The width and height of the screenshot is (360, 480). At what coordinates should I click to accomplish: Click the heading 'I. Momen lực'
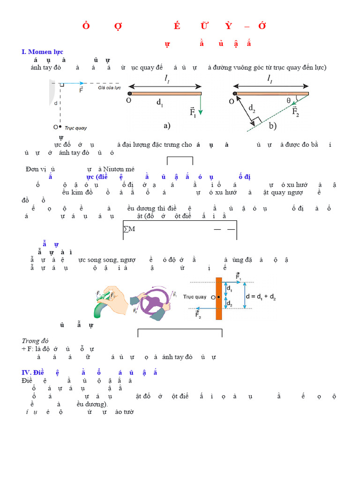pos(42,52)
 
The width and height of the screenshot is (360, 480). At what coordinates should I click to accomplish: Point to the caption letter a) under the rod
pos(166,125)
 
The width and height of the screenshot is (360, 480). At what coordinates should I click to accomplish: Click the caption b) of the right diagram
pos(272,126)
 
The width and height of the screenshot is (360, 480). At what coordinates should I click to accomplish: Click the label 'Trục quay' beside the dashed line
pos(75,127)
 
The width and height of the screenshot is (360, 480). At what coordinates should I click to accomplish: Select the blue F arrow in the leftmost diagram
pos(75,84)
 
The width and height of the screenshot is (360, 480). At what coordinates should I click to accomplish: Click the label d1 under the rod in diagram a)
pos(159,105)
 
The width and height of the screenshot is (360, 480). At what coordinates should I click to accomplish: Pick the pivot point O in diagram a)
pos(129,94)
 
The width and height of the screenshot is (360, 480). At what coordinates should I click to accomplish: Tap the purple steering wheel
pos(152,302)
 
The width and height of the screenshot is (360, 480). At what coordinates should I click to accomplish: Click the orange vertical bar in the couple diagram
pos(218,299)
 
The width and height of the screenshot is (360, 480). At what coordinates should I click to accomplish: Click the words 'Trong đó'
pos(35,341)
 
